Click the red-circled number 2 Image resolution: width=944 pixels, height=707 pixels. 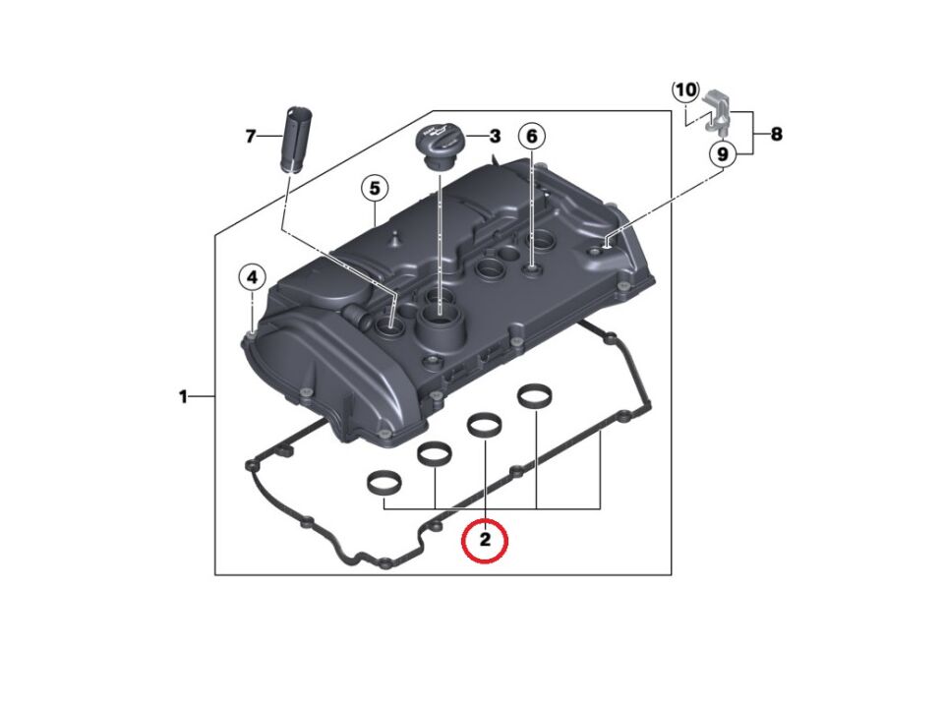485,540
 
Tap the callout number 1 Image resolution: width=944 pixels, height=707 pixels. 183,396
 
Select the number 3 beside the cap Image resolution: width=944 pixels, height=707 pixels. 495,136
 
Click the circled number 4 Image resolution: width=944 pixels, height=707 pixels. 252,278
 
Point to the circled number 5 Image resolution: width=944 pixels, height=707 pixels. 374,187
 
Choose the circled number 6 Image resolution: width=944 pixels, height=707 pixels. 531,136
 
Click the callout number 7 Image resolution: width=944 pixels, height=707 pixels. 250,136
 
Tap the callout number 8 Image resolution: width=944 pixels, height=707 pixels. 776,135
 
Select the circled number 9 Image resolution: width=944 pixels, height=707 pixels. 722,154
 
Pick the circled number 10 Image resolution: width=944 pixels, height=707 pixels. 685,90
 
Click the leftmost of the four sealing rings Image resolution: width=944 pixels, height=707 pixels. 382,483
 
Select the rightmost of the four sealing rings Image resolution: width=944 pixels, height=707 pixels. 534,396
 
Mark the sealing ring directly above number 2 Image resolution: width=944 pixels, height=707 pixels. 484,425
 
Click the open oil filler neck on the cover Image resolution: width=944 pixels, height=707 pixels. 438,317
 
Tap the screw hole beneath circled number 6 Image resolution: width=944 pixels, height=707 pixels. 531,265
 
